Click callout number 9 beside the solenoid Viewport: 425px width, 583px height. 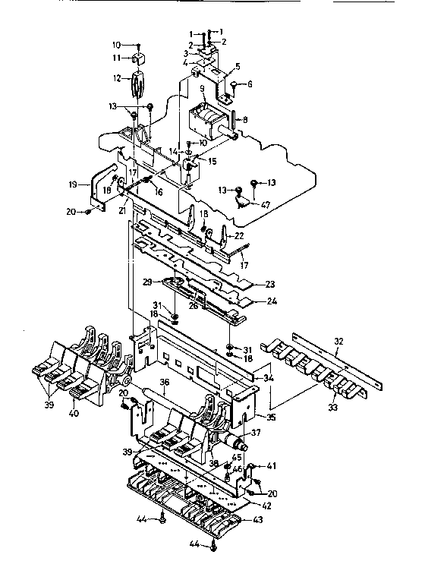click(x=202, y=89)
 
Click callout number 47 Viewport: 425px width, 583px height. click(x=266, y=204)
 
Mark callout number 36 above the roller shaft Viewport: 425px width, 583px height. click(x=162, y=383)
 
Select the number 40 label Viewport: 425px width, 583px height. click(x=74, y=413)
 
